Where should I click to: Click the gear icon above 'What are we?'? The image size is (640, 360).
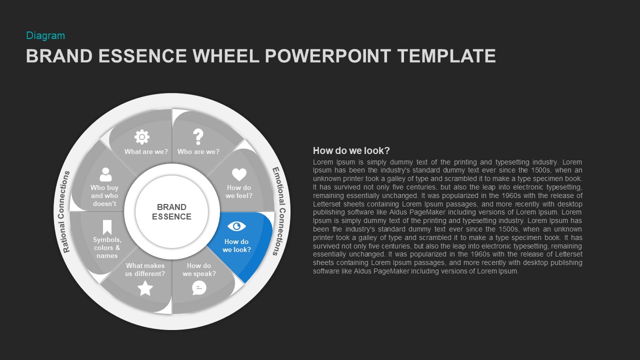(142, 136)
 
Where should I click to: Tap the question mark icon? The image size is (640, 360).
(198, 136)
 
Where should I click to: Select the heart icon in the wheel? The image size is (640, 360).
(239, 174)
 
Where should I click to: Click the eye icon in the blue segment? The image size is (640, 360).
(236, 226)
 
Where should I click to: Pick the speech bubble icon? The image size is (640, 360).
(199, 287)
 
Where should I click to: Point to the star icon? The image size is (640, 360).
(145, 288)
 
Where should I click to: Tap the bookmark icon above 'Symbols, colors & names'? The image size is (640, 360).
(107, 227)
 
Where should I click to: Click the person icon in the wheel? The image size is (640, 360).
(105, 174)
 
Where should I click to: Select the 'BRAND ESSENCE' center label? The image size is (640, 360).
(171, 211)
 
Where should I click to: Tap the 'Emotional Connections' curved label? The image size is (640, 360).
(278, 211)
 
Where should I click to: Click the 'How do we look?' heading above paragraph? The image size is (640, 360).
(351, 150)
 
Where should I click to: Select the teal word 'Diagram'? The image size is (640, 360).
(45, 35)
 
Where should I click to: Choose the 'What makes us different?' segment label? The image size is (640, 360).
(145, 269)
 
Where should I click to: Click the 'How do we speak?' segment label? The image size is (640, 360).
(199, 269)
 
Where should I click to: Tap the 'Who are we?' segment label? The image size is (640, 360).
(198, 151)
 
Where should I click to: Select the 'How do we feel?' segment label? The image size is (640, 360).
(239, 191)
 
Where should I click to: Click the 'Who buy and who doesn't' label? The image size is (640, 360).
(104, 195)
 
